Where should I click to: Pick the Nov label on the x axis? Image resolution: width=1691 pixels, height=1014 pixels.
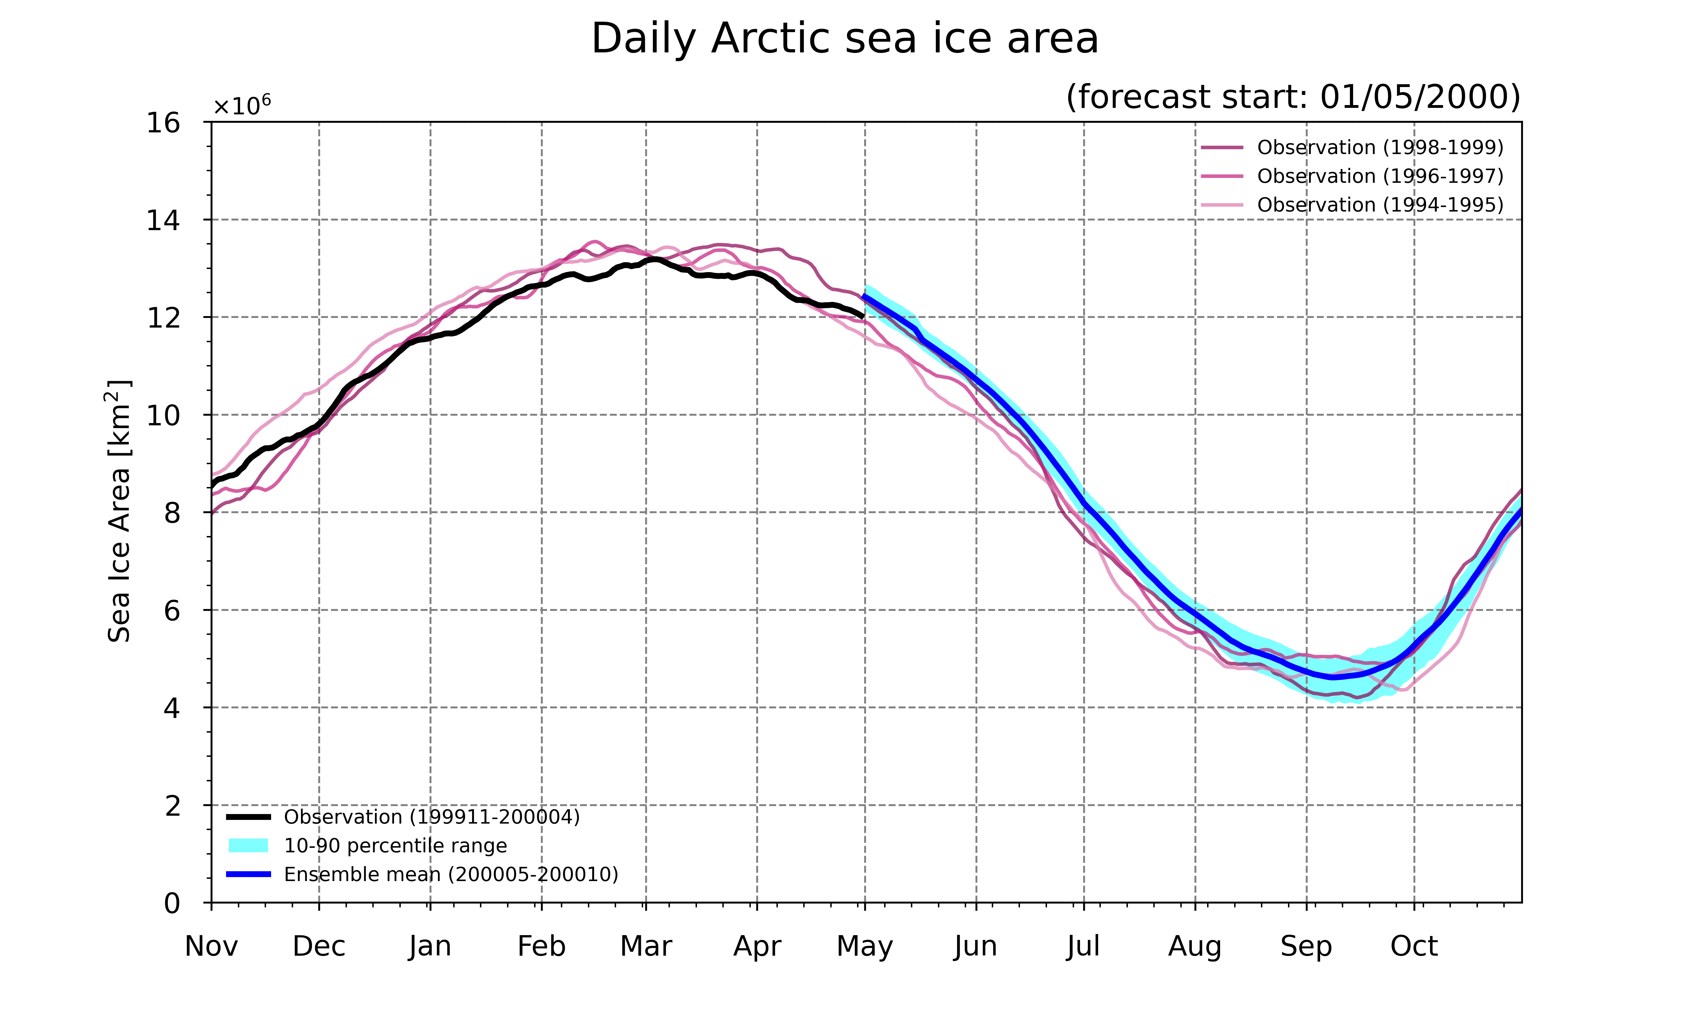[211, 946]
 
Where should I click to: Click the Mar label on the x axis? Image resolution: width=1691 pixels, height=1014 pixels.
[646, 946]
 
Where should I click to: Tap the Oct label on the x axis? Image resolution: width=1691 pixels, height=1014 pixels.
[1414, 946]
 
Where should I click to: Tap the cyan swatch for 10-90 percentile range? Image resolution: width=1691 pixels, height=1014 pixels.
[248, 846]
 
